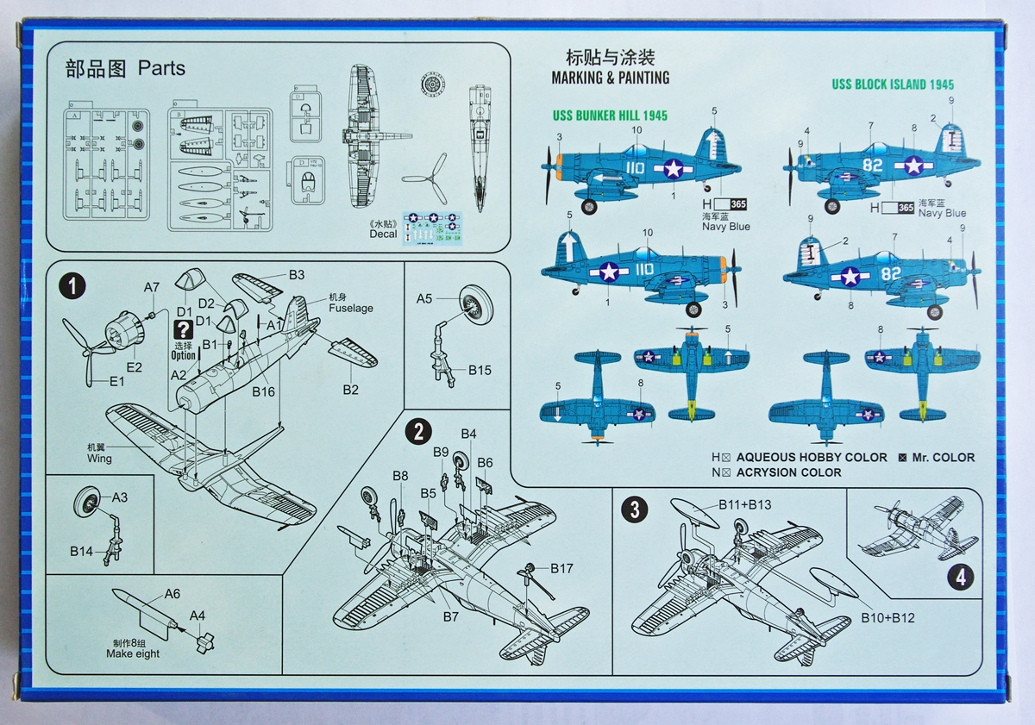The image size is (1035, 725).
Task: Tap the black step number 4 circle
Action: (962, 577)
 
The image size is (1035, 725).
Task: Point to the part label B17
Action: (561, 568)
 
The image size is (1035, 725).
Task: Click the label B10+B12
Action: (888, 618)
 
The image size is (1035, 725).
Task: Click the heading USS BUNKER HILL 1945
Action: (610, 116)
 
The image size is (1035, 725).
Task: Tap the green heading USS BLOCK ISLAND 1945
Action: (893, 84)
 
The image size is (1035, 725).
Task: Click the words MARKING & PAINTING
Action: (610, 78)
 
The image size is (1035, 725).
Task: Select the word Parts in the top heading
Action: (161, 68)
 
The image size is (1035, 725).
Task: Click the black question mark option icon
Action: (183, 329)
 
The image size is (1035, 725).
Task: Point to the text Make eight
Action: (133, 653)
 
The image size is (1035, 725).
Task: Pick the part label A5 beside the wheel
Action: (424, 299)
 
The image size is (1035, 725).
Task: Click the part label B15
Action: (480, 370)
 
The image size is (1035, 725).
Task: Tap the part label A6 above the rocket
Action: (172, 593)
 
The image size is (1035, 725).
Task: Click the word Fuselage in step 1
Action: (351, 308)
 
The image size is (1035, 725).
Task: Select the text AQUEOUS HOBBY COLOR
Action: (812, 457)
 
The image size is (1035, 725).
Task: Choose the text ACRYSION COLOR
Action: (789, 472)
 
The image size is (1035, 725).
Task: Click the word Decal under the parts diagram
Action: (384, 234)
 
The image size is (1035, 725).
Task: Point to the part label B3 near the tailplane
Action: (297, 275)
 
